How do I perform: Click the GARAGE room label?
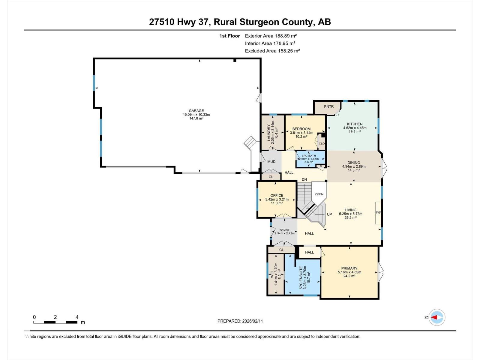click(x=196, y=111)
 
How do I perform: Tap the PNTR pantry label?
click(x=329, y=106)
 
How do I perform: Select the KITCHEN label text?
click(x=355, y=124)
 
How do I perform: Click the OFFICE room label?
click(x=277, y=196)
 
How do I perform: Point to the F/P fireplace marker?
click(x=378, y=213)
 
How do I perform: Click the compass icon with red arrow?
click(x=437, y=317)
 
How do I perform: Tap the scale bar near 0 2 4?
click(x=55, y=322)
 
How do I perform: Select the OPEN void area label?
click(x=319, y=194)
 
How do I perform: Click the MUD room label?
click(x=271, y=162)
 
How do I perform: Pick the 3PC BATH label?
click(x=309, y=156)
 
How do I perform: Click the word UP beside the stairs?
click(x=329, y=214)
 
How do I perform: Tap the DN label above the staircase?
click(x=304, y=179)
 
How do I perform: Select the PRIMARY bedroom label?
click(x=349, y=268)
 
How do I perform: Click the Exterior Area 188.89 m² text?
click(x=271, y=36)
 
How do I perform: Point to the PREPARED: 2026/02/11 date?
click(x=240, y=321)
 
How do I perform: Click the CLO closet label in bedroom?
click(x=322, y=143)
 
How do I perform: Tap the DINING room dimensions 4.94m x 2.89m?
click(x=354, y=166)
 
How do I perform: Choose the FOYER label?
click(x=284, y=230)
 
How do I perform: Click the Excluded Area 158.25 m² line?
click(x=272, y=51)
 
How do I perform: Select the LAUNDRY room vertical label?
click(x=269, y=133)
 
